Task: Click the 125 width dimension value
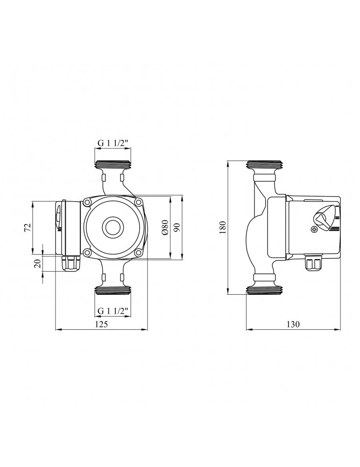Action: pos(102,325)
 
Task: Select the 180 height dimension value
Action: pos(223,227)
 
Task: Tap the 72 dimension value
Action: pos(28,227)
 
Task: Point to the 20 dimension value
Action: pos(38,264)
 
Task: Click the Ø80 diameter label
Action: pos(164,227)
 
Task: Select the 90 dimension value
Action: pos(176,227)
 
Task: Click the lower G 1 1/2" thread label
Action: pos(113,310)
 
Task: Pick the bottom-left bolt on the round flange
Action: pos(87,253)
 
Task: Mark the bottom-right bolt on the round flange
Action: pos(138,253)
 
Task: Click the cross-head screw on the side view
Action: pos(314,229)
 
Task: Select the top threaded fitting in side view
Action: pos(264,166)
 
